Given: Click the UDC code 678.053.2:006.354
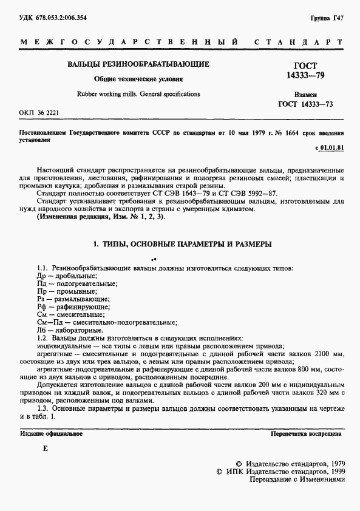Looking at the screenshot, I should (x=53, y=18).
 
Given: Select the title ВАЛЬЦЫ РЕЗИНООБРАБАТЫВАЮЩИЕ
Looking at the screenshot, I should (x=138, y=64).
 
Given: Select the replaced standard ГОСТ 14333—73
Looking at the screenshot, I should (x=306, y=105).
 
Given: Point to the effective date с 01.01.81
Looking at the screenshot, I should (x=330, y=147).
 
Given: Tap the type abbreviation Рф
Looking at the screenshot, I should (x=41, y=307).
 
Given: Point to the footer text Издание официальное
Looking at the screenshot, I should (x=52, y=435).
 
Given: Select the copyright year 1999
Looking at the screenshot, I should (x=333, y=470).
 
